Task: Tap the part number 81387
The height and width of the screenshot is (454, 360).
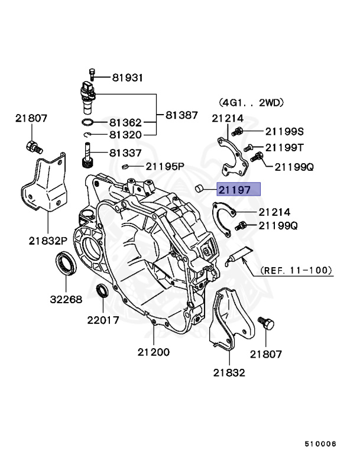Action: click(x=181, y=115)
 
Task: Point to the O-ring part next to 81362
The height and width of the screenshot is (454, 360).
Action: click(x=87, y=123)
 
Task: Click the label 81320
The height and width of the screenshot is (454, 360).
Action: click(x=125, y=135)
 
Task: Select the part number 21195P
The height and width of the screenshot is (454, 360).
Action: click(x=166, y=167)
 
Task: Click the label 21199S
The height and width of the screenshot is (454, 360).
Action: click(x=284, y=131)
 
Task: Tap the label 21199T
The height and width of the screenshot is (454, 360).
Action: click(x=284, y=147)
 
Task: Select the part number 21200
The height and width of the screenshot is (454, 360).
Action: click(x=154, y=352)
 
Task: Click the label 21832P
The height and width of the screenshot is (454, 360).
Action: click(x=50, y=241)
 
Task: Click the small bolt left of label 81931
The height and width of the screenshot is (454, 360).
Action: click(x=92, y=75)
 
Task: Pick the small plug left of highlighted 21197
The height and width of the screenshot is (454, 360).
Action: click(x=200, y=189)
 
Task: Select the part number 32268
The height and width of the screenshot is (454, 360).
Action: click(x=64, y=300)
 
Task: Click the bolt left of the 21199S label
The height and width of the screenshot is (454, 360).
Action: click(x=238, y=131)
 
